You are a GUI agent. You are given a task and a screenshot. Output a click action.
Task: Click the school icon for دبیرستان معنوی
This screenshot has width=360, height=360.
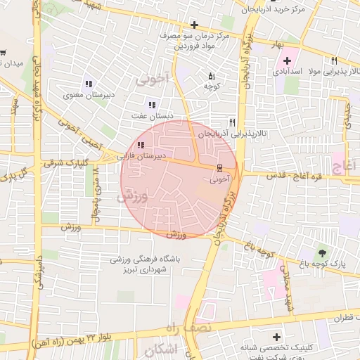tap(89, 84)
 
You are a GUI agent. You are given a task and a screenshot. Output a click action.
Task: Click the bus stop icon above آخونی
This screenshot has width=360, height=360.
tap(220, 168)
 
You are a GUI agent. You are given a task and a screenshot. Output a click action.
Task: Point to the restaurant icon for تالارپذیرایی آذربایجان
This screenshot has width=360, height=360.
tap(233, 122)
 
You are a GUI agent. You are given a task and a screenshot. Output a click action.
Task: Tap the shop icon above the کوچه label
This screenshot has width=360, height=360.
tap(212, 75)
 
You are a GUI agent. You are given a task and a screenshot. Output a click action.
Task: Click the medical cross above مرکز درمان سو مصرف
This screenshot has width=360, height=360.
tap(194, 25)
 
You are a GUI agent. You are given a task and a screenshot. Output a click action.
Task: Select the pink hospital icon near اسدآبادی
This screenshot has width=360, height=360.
tap(288, 61)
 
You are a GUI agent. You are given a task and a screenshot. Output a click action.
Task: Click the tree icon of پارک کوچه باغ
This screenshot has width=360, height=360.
tap(322, 252)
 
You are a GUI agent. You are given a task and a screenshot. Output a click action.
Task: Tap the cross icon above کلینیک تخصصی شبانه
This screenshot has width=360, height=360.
tap(276, 337)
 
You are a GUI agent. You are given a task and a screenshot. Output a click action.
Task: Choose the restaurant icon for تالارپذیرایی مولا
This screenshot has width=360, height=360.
tap(334, 60)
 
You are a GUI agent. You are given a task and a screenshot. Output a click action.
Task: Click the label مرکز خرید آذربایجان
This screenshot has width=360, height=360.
tap(273, 10)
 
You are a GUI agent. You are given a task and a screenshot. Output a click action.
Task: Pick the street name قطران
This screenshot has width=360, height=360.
tap(345, 318)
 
